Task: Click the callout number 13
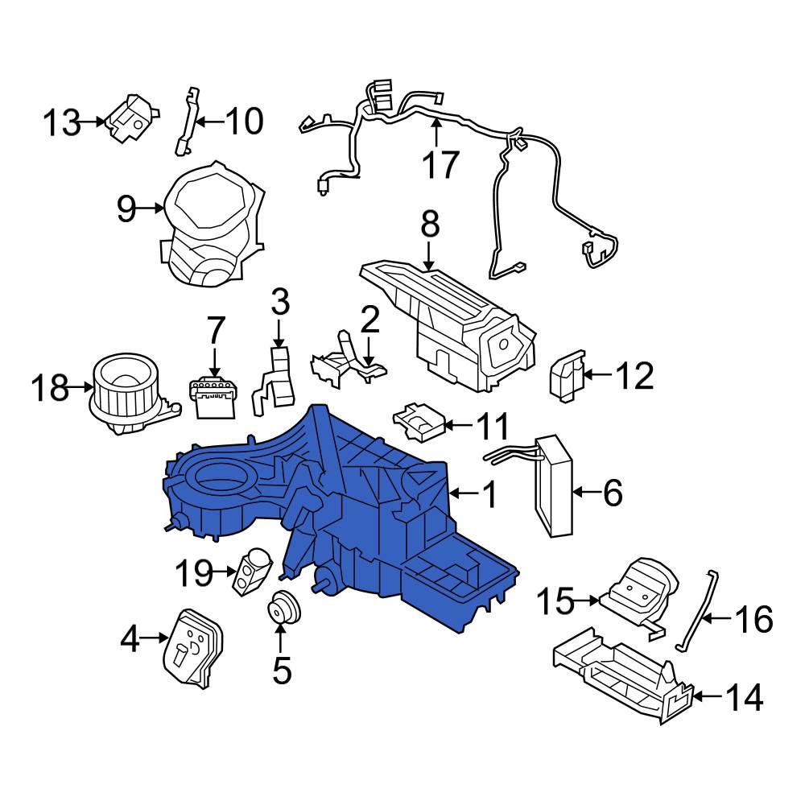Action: pyautogui.click(x=62, y=123)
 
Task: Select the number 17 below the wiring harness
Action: pyautogui.click(x=440, y=164)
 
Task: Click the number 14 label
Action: pyautogui.click(x=744, y=697)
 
